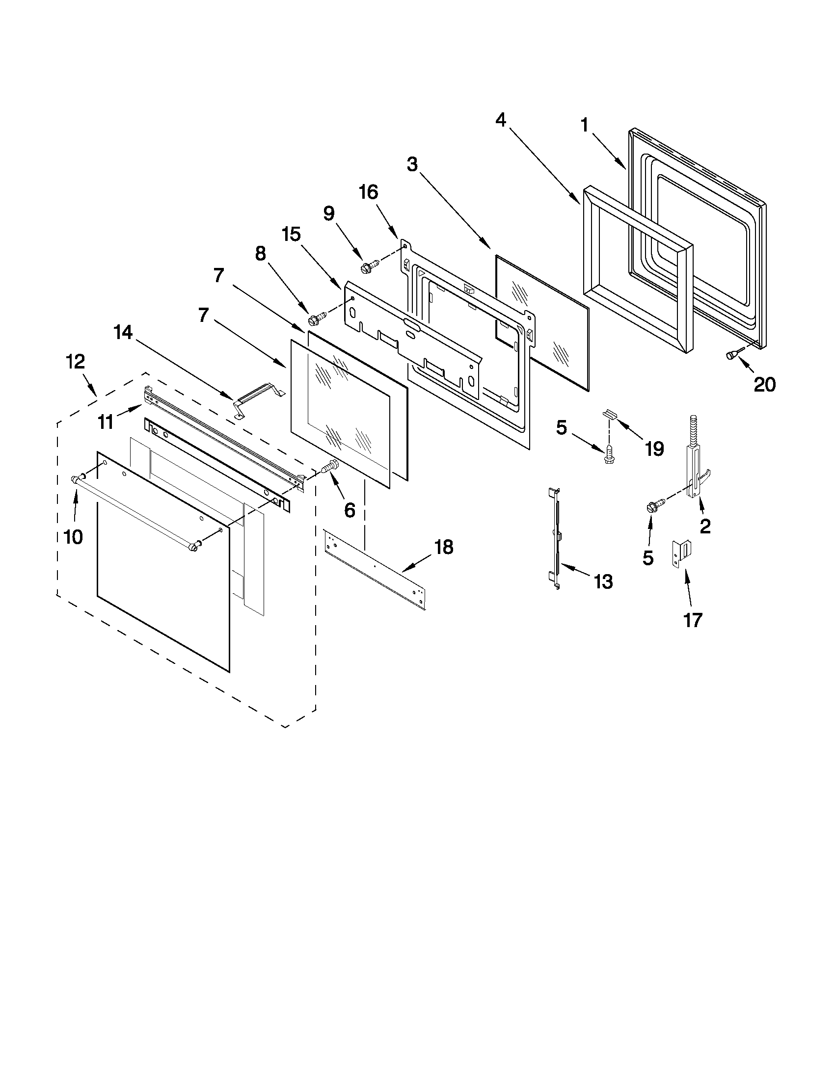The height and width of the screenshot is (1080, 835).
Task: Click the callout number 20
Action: tap(764, 384)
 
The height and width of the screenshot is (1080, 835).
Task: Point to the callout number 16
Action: tap(369, 192)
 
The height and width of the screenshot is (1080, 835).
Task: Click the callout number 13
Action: tap(603, 581)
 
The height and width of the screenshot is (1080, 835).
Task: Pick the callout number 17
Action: tap(693, 619)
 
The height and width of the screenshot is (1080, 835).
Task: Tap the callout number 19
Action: tap(654, 448)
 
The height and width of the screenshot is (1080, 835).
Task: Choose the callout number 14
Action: tap(123, 332)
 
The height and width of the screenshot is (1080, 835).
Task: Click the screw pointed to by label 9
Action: tap(369, 265)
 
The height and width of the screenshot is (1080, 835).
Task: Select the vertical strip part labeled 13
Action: tap(556, 539)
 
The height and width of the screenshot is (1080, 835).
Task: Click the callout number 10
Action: tap(73, 536)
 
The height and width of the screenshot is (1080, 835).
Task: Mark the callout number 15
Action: tap(292, 234)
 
